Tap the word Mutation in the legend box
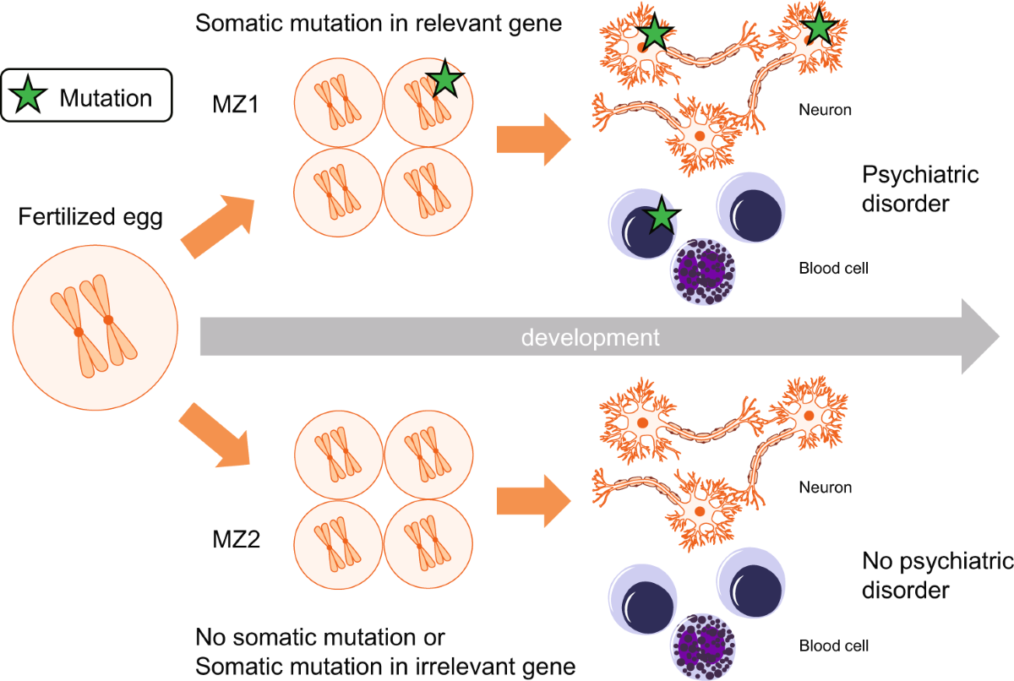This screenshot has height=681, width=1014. (106, 97)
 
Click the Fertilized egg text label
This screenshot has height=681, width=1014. (90, 217)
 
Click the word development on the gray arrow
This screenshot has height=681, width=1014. (589, 338)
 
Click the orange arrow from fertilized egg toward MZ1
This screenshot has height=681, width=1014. (217, 224)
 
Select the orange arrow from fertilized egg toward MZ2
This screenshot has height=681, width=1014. (217, 436)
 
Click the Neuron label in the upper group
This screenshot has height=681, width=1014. (825, 110)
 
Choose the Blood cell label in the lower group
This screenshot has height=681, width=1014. (833, 647)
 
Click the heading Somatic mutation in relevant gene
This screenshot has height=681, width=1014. (379, 23)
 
